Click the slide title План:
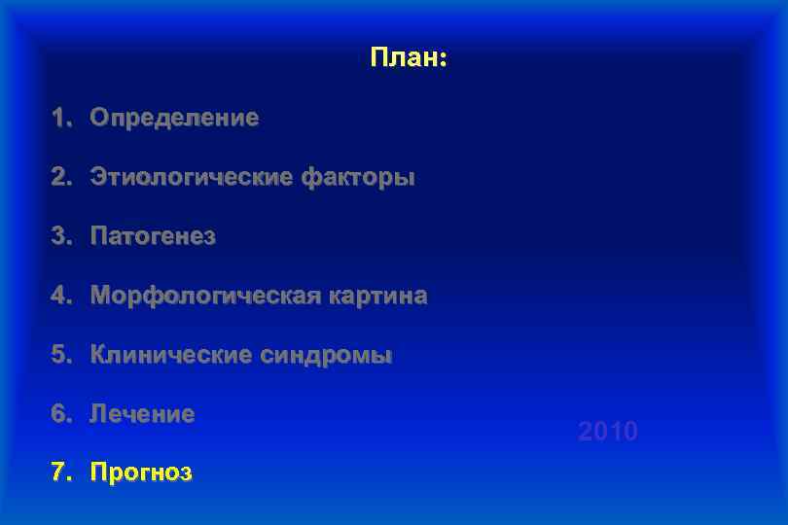(408, 58)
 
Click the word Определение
(174, 119)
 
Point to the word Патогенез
(153, 236)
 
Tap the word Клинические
(171, 355)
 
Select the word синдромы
(326, 355)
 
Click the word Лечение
(142, 414)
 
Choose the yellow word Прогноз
(141, 473)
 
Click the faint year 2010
(608, 431)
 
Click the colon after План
(443, 60)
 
